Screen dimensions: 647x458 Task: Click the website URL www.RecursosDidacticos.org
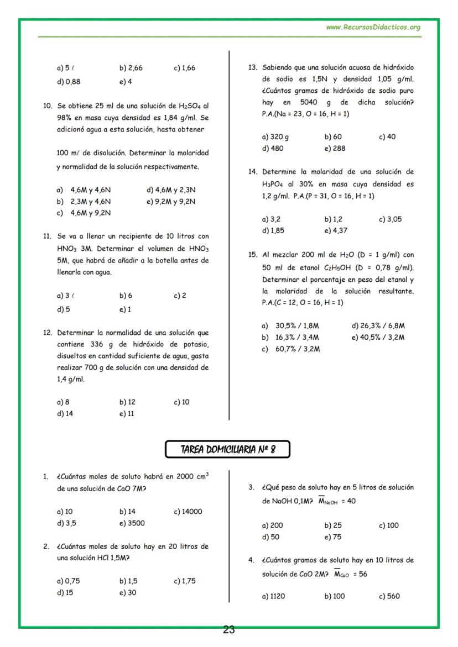pos(373,27)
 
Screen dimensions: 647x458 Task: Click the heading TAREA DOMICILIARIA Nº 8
pos(227,450)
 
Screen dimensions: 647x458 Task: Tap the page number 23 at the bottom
pos(229,629)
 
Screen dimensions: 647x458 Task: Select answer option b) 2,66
pos(131,69)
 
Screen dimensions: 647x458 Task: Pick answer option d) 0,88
pos(69,82)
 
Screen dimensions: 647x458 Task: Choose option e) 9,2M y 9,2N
pos(171,202)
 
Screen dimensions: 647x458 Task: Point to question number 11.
pos(47,236)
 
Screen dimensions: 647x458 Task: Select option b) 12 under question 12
pos(128,402)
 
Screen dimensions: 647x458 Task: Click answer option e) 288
pos(335,149)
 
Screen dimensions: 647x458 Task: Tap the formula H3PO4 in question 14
pos(274,184)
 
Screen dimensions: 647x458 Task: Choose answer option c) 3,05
pos(390,219)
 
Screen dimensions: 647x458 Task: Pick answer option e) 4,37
pos(336,231)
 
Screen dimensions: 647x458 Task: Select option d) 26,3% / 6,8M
pos(378,326)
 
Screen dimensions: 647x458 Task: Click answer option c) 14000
pos(188,512)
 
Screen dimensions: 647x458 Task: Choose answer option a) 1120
pos(274,597)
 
